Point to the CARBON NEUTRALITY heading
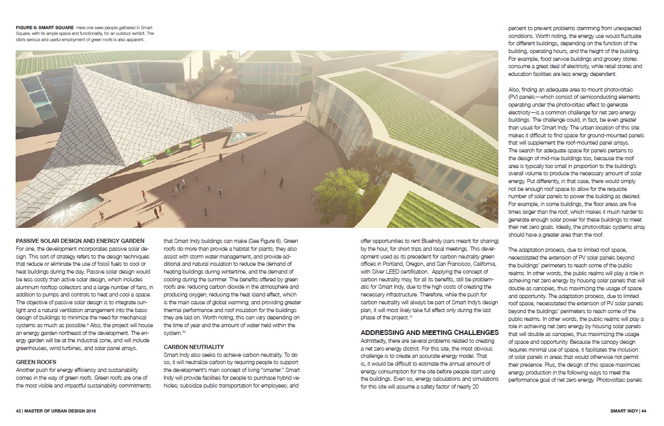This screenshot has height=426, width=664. [x=193, y=346]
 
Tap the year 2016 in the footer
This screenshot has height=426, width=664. [x=89, y=410]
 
